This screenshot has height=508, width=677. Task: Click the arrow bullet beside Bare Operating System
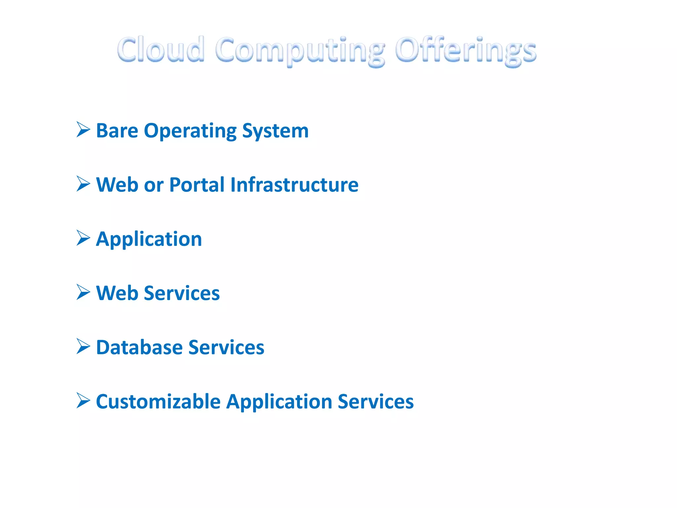coord(83,129)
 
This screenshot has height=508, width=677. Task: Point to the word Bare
coord(117,131)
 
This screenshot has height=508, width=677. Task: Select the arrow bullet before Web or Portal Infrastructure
coord(83,184)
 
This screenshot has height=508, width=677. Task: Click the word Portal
coord(197,185)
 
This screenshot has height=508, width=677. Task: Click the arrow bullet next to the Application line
coord(83,238)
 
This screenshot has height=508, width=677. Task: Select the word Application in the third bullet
coord(149,239)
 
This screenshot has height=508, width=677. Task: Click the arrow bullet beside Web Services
coord(83,292)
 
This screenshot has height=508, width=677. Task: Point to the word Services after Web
coord(182,293)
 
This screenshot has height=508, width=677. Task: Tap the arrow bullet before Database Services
coord(83,346)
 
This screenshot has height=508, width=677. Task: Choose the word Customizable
coord(158,402)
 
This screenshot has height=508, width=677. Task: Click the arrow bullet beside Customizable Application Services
coord(83,401)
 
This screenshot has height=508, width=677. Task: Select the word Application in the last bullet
coord(279,402)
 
